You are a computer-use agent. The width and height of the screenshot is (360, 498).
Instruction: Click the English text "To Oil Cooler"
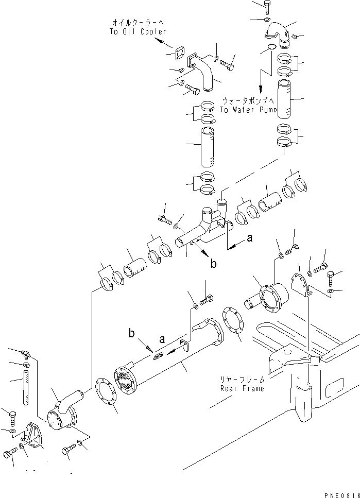[x=138, y=31]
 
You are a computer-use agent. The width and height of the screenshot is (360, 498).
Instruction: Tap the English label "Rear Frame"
[x=242, y=388]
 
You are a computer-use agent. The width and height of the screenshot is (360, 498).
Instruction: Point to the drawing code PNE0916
[x=341, y=493]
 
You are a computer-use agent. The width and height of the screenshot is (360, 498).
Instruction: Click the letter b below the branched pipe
[x=213, y=265]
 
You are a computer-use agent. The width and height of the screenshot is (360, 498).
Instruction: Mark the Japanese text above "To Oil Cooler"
[x=137, y=23]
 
